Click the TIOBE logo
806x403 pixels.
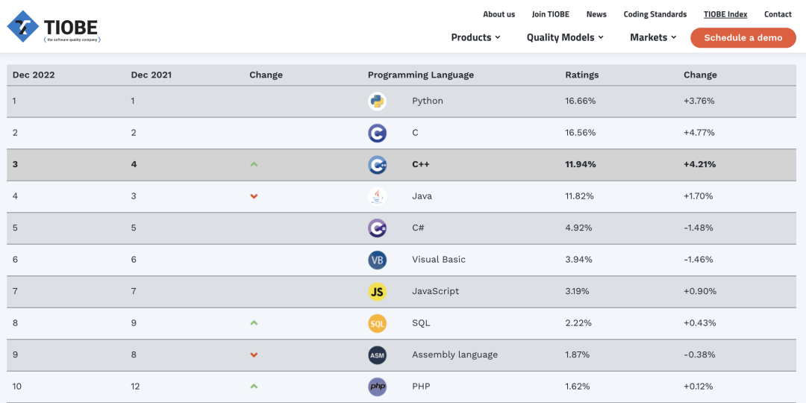(54, 28)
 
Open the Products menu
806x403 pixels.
(475, 37)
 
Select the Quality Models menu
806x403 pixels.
(565, 37)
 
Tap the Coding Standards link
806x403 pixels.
(655, 14)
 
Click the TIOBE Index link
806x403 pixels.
(725, 14)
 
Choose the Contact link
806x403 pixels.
(778, 14)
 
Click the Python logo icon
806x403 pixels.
(377, 101)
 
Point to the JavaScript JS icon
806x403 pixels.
(377, 292)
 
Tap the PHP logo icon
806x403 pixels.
(377, 387)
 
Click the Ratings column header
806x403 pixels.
(582, 75)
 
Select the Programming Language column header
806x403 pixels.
(421, 75)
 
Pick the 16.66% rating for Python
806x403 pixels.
(581, 101)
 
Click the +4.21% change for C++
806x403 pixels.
(699, 164)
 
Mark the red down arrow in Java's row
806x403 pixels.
(254, 196)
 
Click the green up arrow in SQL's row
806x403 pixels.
(254, 323)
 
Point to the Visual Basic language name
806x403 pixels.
(439, 260)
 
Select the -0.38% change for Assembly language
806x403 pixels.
(699, 354)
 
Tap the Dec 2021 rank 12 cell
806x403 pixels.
(136, 387)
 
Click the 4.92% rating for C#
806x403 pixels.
(578, 228)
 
